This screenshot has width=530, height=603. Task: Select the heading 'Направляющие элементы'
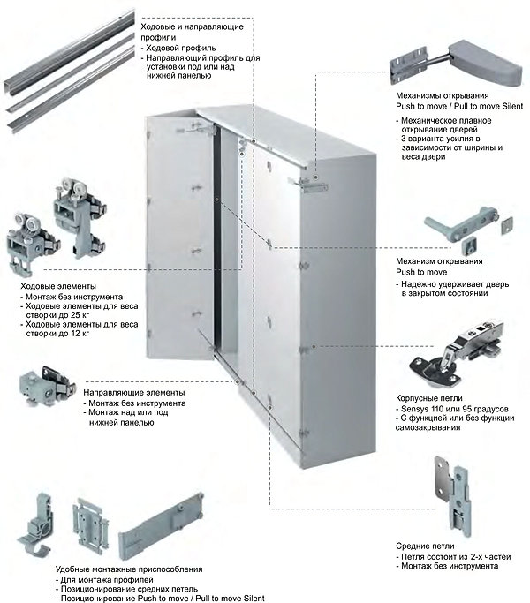coord(134,391)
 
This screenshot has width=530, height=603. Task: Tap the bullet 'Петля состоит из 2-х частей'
coord(455,559)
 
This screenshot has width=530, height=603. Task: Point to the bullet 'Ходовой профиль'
coord(181,48)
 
